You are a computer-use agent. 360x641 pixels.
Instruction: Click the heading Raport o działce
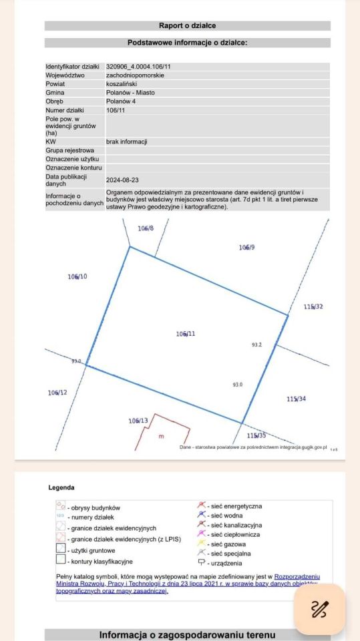pyautogui.click(x=187, y=26)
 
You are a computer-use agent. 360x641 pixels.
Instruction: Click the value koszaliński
pyautogui.click(x=122, y=85)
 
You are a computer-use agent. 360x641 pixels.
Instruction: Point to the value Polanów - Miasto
pyautogui.click(x=130, y=93)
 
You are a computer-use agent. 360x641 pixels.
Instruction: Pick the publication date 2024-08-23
pyautogui.click(x=123, y=180)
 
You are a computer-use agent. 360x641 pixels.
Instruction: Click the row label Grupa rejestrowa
pyautogui.click(x=70, y=150)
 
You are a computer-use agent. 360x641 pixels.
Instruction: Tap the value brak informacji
pyautogui.click(x=126, y=142)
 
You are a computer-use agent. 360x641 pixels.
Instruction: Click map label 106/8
pyautogui.click(x=146, y=228)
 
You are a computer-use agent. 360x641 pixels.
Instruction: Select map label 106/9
pyautogui.click(x=246, y=248)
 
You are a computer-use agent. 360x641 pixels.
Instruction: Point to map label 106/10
pyautogui.click(x=77, y=276)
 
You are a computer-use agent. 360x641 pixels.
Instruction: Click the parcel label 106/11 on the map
pyautogui.click(x=185, y=333)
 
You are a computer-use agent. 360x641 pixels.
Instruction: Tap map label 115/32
pyautogui.click(x=313, y=307)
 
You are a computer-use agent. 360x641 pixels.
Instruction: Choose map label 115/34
pyautogui.click(x=297, y=399)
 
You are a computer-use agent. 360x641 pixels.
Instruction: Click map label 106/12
pyautogui.click(x=57, y=393)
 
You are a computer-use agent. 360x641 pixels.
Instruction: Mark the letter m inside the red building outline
pyautogui.click(x=160, y=437)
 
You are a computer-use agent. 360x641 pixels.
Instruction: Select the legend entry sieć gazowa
pyautogui.click(x=228, y=544)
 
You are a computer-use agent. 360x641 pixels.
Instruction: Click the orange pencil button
pyautogui.click(x=320, y=608)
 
